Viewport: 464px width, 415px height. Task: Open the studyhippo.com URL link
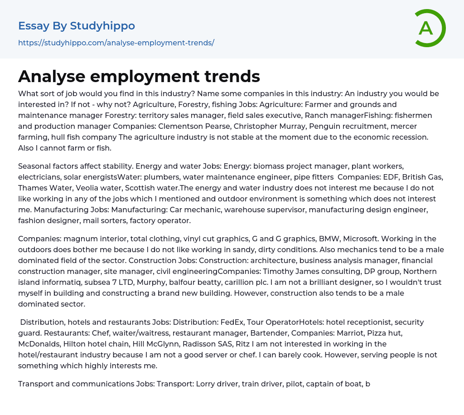116,43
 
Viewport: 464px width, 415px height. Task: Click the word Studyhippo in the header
102,26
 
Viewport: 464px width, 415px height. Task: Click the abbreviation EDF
380,177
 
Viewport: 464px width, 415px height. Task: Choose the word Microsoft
343,239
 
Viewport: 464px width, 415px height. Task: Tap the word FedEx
232,322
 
